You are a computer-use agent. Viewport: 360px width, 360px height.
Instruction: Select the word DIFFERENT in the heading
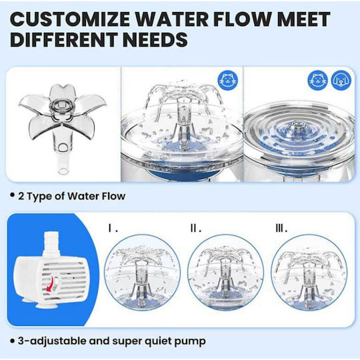click(x=63, y=39)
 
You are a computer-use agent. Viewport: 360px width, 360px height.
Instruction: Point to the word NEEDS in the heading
click(x=155, y=39)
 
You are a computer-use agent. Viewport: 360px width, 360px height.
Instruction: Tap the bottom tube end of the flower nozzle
click(x=63, y=171)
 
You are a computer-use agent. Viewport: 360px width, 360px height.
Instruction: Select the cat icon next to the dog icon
click(x=317, y=81)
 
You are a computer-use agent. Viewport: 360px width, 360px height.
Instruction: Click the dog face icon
click(x=341, y=81)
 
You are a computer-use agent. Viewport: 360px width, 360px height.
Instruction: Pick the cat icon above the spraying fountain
click(x=228, y=81)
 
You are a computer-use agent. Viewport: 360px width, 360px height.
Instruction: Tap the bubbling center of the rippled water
click(x=296, y=127)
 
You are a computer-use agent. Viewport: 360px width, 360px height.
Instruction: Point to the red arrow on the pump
click(x=50, y=284)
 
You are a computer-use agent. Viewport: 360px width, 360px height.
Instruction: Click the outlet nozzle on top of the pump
click(x=51, y=243)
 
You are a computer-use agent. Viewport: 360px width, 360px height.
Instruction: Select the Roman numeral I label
click(x=113, y=229)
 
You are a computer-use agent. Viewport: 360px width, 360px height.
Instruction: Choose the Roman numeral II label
click(x=196, y=229)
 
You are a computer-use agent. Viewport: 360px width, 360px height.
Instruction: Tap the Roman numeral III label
click(x=281, y=229)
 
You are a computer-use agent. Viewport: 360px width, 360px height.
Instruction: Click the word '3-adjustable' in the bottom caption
click(x=53, y=341)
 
